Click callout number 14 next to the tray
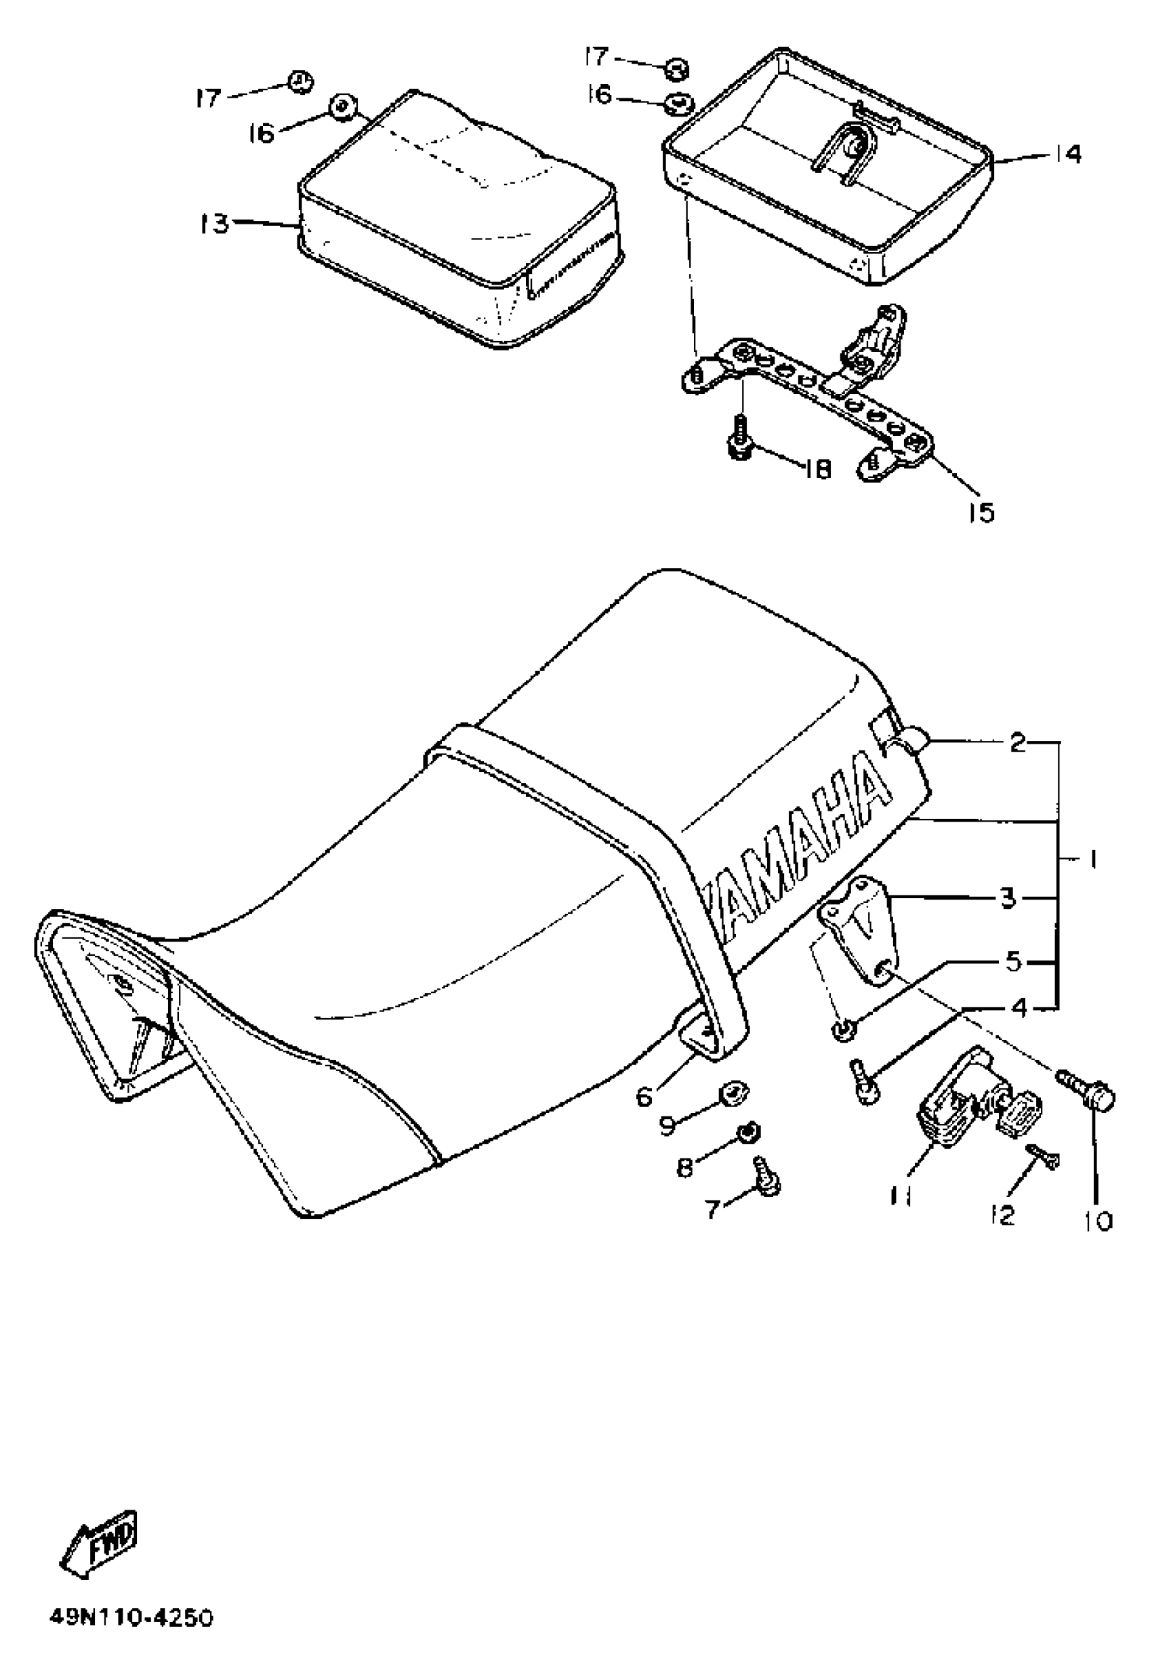(1067, 154)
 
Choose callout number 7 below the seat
(713, 1208)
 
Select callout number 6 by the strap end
(644, 1096)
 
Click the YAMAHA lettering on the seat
(801, 859)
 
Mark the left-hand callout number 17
(208, 98)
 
